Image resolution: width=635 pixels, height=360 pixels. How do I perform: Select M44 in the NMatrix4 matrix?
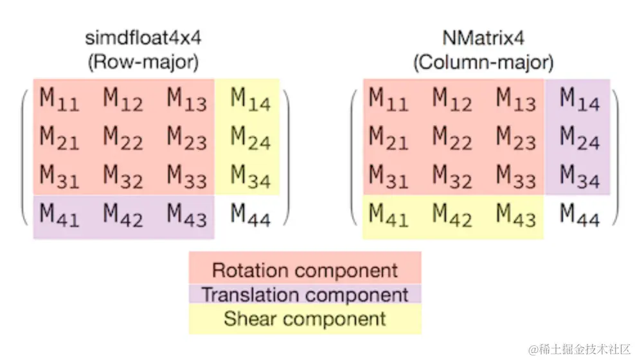point(580,214)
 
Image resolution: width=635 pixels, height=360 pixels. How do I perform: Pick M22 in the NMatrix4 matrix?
point(452,137)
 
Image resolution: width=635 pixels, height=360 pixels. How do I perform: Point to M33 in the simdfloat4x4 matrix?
point(187,175)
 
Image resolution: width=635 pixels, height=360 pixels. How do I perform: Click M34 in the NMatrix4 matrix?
point(580,175)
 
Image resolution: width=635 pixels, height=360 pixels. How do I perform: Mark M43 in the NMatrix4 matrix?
point(516,214)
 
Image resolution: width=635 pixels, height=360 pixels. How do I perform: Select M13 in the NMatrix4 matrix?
point(516,99)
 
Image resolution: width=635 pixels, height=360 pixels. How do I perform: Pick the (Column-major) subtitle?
point(483,62)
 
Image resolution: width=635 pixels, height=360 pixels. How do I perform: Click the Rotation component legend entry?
point(305,269)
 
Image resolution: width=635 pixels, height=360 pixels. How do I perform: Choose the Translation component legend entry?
point(305,294)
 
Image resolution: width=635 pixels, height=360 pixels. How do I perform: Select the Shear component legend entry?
point(305,318)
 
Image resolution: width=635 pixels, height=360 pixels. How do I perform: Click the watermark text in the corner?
point(579,348)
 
